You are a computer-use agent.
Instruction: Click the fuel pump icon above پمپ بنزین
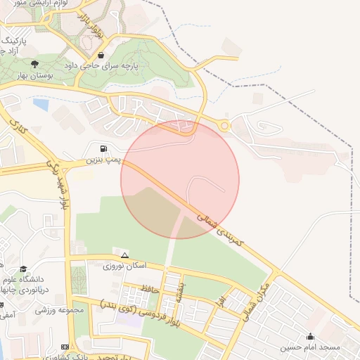point(104,148)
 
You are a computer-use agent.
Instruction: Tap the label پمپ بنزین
point(103,160)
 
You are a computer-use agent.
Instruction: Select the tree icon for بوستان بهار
point(34,64)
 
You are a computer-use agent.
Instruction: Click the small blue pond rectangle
point(41,105)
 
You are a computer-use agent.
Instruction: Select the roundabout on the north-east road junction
point(224,126)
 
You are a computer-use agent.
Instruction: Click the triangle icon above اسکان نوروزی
point(124,255)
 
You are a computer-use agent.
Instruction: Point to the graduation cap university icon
point(23,269)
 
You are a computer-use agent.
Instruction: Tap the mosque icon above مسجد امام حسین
point(311,337)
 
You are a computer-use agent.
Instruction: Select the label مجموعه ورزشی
point(60,309)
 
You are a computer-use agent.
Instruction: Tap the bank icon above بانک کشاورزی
point(65,347)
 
